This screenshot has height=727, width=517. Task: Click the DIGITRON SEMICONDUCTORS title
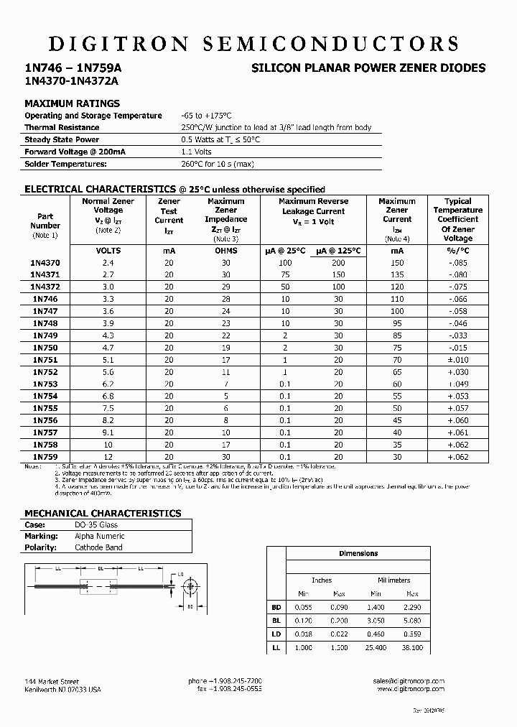click(x=253, y=43)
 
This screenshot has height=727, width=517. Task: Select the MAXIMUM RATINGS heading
click(x=72, y=103)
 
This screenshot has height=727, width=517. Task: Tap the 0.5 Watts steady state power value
click(x=220, y=139)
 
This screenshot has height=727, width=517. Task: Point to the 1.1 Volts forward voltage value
click(x=196, y=152)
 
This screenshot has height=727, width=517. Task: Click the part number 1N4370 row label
click(x=45, y=263)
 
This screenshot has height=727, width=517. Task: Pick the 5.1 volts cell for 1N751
click(x=108, y=360)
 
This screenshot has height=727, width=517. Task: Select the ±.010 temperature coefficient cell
click(x=457, y=360)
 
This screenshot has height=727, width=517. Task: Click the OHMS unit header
click(x=225, y=251)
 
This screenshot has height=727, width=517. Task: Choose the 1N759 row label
click(x=45, y=457)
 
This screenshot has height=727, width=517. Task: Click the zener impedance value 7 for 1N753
click(x=225, y=384)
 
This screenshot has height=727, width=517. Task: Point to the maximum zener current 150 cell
click(x=397, y=263)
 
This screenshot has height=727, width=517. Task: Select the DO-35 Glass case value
click(x=97, y=524)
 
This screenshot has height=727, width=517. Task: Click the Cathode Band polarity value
click(x=98, y=547)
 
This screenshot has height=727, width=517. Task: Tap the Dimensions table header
click(x=358, y=553)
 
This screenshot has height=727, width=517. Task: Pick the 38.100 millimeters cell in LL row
click(x=412, y=647)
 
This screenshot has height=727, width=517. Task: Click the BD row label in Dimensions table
click(x=276, y=607)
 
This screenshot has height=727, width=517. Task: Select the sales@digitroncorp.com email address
click(x=409, y=680)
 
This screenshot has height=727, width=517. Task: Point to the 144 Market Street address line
click(x=52, y=680)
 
